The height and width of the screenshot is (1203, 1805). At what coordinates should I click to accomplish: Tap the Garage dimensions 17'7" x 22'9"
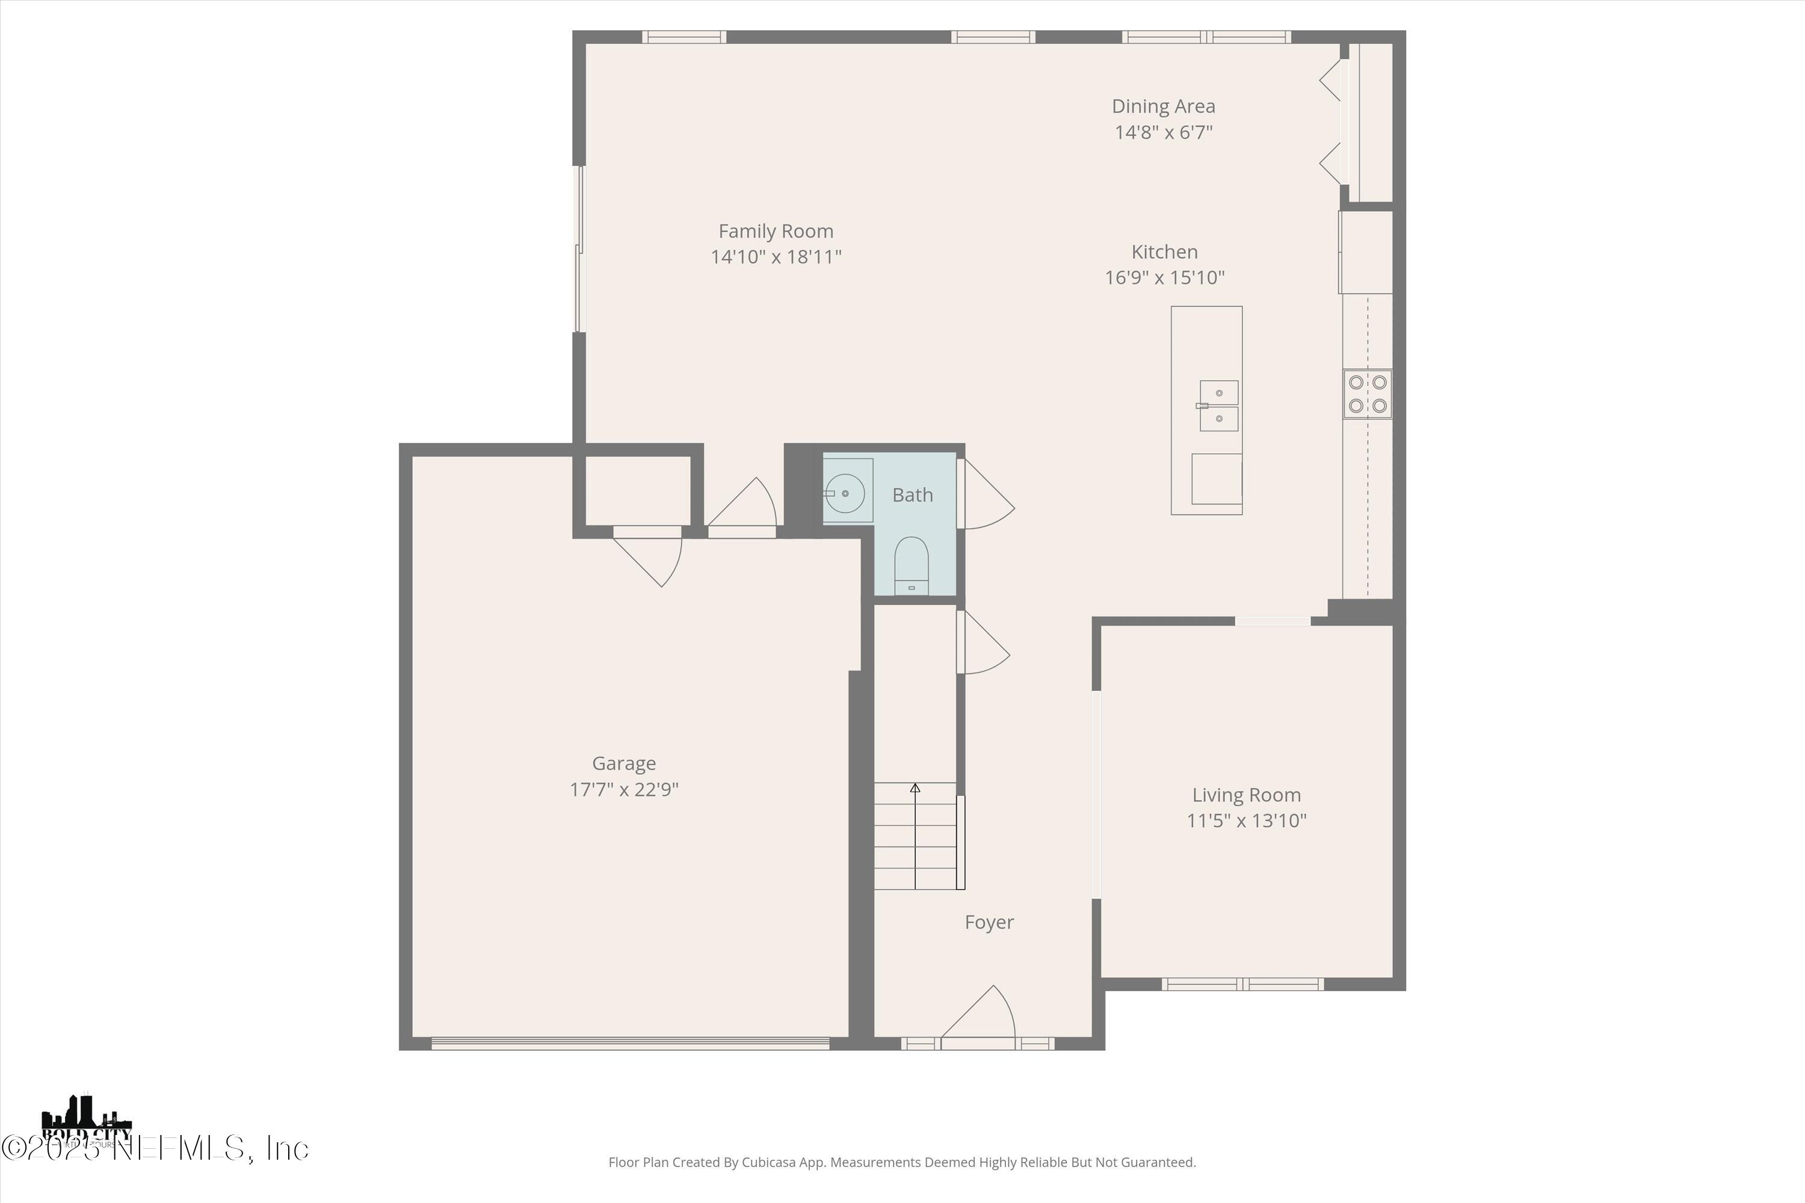(x=623, y=789)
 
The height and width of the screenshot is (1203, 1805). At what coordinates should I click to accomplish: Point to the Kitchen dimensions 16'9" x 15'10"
(x=1164, y=277)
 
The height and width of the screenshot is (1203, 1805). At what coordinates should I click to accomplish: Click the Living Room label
(x=1245, y=795)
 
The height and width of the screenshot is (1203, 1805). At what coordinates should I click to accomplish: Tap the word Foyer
(x=989, y=922)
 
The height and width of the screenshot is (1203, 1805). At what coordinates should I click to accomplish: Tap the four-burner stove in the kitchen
(x=1367, y=393)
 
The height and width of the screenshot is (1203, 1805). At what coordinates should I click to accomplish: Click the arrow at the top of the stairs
(x=915, y=788)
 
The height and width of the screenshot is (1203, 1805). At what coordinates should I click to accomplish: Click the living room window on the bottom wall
(x=1242, y=983)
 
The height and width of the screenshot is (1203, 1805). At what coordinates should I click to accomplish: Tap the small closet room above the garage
(x=637, y=490)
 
